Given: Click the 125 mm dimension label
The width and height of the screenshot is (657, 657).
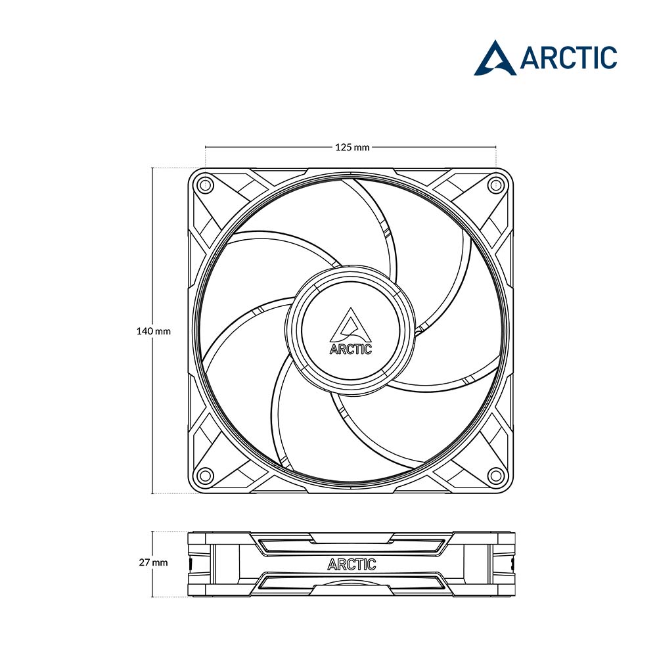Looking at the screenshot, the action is tap(352, 147).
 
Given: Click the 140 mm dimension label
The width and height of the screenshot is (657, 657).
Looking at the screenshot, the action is tap(153, 331).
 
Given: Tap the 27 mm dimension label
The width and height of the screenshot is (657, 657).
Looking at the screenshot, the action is tap(153, 562).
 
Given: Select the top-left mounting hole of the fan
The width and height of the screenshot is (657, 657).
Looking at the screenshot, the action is tap(205, 185).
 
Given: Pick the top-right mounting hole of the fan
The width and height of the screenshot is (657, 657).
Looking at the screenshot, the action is tap(495, 185).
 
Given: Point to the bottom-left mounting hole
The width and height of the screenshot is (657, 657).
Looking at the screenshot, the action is tap(205, 475).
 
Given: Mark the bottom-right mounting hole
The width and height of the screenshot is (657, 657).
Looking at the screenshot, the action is tap(495, 475).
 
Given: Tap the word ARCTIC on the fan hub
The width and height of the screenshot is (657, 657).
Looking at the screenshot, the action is tap(351, 349).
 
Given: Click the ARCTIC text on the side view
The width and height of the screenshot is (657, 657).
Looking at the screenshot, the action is tap(351, 564).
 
